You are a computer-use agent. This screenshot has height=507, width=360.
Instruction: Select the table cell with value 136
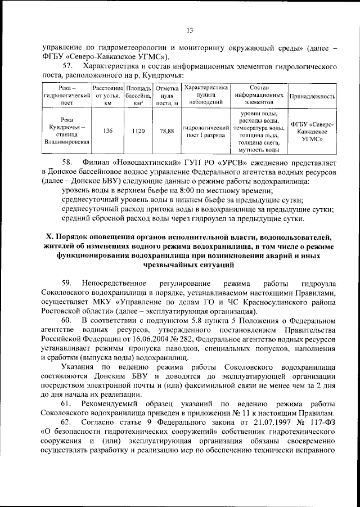coord(108,131)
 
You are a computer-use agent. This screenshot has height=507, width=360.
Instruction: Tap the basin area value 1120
coord(138,131)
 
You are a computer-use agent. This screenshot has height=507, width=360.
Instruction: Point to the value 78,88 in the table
coord(166,131)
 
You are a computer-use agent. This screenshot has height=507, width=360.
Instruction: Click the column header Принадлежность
coord(312,96)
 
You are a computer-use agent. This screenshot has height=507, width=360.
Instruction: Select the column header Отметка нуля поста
coord(166,96)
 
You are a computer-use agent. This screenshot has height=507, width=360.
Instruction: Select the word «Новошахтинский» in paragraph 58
coord(142,162)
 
